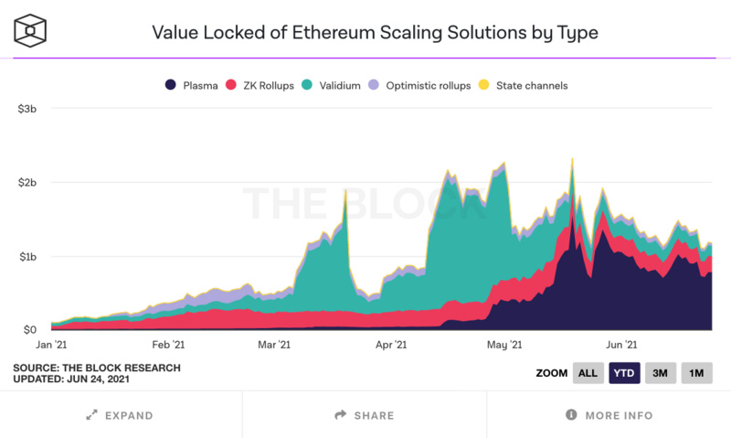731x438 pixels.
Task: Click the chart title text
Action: click(x=375, y=33)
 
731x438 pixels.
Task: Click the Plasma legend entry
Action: click(x=191, y=86)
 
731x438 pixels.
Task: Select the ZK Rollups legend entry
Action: click(x=262, y=86)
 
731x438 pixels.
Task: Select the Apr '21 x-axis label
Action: click(x=391, y=345)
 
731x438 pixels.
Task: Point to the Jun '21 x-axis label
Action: click(x=621, y=345)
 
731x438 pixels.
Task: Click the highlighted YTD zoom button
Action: click(x=625, y=373)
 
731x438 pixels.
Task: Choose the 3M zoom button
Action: click(x=661, y=373)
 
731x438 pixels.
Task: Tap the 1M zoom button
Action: click(x=696, y=373)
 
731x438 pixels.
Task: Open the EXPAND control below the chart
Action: click(x=120, y=415)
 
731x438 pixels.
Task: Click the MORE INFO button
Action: click(x=609, y=415)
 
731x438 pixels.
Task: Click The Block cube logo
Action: click(x=29, y=31)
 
